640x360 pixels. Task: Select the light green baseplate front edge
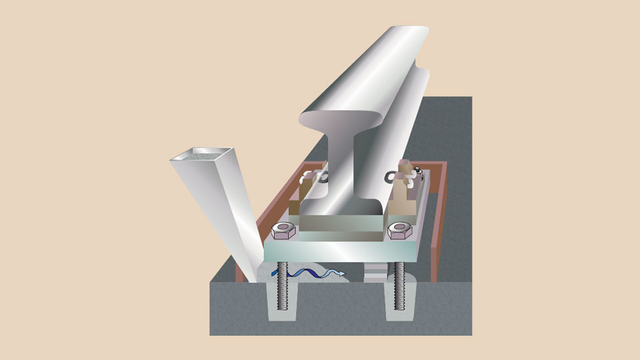point(340,253)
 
